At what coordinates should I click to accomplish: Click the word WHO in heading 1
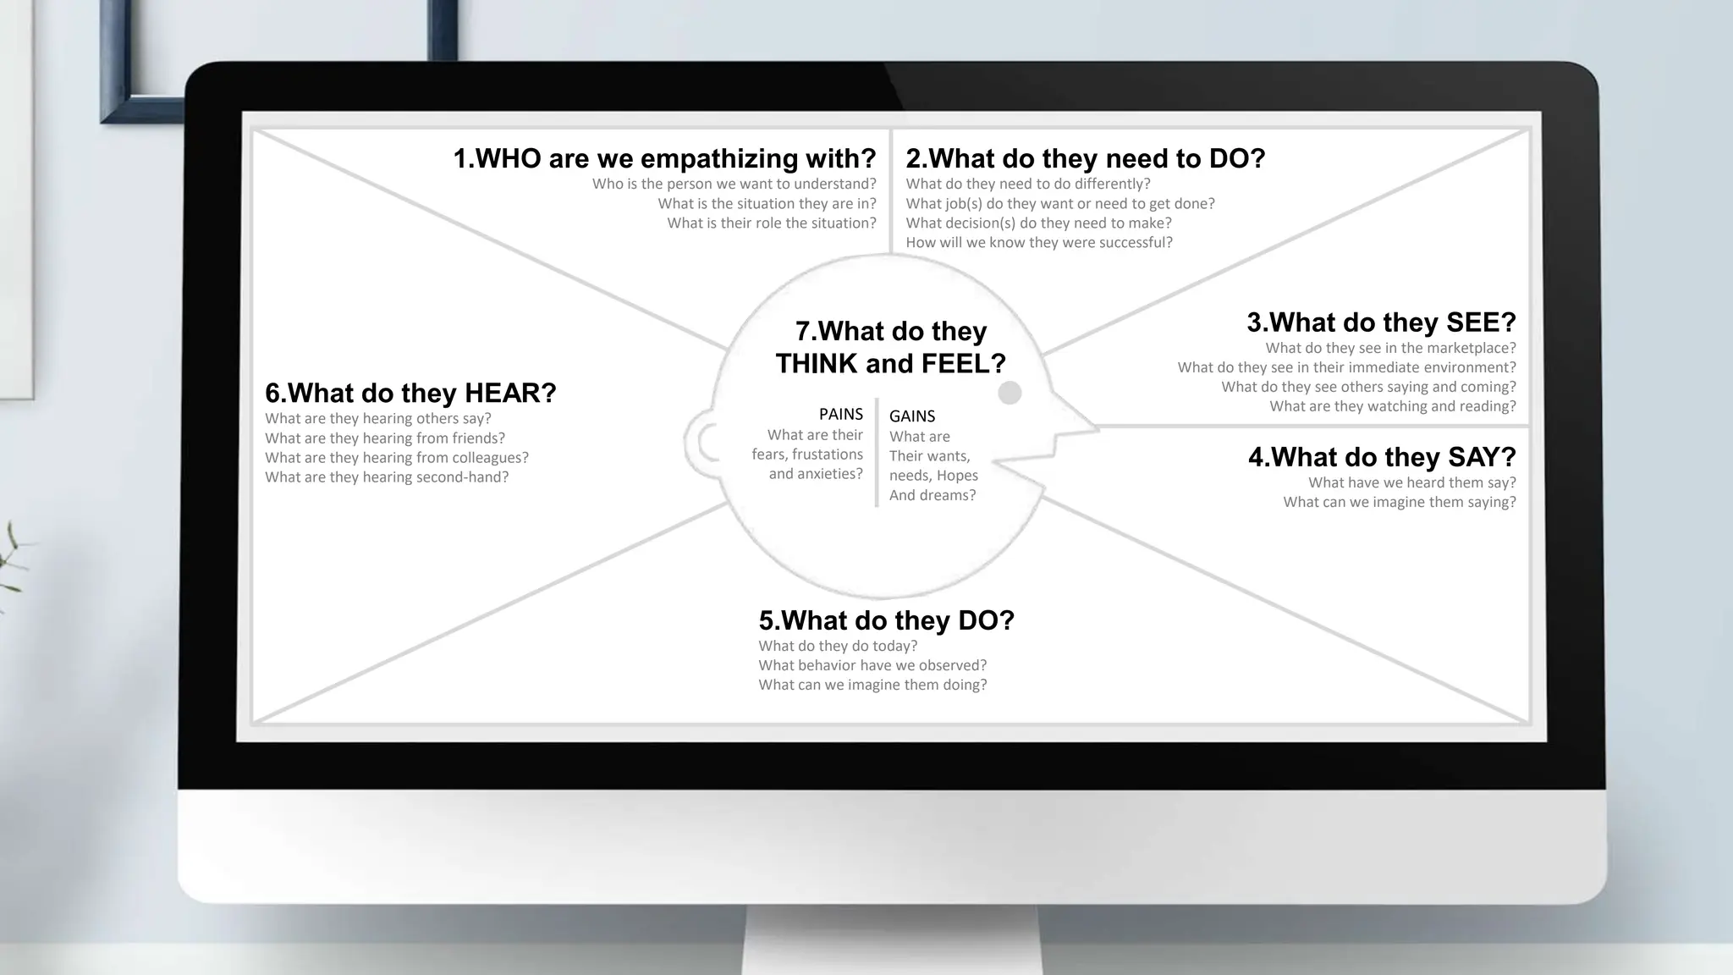[x=508, y=158]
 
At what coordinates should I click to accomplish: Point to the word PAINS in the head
[x=840, y=414]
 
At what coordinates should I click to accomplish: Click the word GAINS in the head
[x=911, y=416]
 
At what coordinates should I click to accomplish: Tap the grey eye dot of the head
[x=1010, y=393]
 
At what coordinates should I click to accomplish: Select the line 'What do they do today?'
[x=838, y=646]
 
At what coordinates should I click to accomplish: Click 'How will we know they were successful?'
[x=1039, y=242]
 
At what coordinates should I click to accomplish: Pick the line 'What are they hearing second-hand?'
[x=387, y=476]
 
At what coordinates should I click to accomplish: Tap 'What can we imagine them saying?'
[x=1399, y=502]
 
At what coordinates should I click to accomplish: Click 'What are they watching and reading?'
[x=1392, y=406]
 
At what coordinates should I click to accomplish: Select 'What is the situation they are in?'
[x=767, y=203]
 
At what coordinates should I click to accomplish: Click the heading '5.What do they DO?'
[x=886, y=620]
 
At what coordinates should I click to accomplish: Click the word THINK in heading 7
[x=817, y=364]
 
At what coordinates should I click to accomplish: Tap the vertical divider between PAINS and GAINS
[x=877, y=453]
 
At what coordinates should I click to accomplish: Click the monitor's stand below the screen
[x=890, y=939]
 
